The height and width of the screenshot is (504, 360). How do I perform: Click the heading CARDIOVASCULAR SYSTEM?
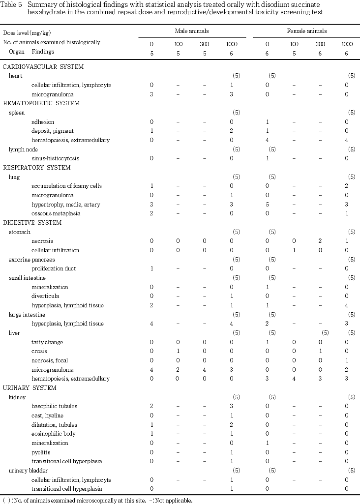(43, 66)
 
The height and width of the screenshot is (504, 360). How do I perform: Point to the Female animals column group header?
(307, 31)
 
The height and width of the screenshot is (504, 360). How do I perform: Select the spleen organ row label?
(17, 113)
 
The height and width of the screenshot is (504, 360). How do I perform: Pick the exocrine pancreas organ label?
(32, 260)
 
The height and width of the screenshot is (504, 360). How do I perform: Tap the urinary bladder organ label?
(28, 471)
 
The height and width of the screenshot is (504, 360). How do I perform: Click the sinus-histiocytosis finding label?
(56, 158)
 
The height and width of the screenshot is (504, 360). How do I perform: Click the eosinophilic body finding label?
(54, 434)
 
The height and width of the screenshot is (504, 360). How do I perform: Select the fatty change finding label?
(47, 342)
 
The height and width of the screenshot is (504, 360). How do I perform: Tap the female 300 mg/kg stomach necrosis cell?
(320, 241)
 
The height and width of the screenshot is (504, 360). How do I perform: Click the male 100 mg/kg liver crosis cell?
(178, 351)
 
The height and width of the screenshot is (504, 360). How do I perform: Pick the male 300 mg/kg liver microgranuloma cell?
(204, 370)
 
